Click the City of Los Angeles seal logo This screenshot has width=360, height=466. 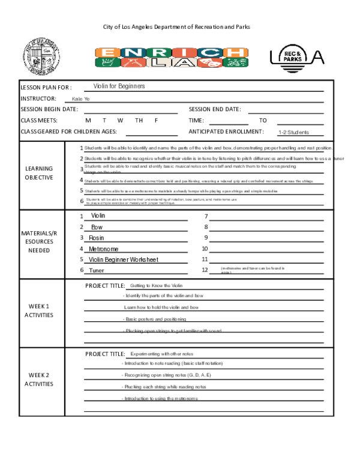pyautogui.click(x=38, y=57)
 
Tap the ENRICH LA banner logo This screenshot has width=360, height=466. pyautogui.click(x=170, y=57)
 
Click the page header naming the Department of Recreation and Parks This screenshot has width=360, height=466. pyautogui.click(x=176, y=27)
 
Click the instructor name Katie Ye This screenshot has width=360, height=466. pyautogui.click(x=80, y=99)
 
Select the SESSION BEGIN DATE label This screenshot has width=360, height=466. pyautogui.click(x=49, y=109)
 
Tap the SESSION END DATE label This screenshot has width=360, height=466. pyautogui.click(x=215, y=109)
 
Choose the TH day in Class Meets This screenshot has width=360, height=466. pyautogui.click(x=139, y=120)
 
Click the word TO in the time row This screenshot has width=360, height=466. pyautogui.click(x=263, y=120)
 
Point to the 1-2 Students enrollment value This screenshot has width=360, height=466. pyautogui.click(x=294, y=132)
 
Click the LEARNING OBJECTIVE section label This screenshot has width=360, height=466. pyautogui.click(x=39, y=173)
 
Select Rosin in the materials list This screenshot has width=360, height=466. pyautogui.click(x=97, y=238)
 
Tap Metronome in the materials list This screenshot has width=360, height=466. pyautogui.click(x=103, y=249)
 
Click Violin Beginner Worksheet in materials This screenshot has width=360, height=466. pyautogui.click(x=124, y=259)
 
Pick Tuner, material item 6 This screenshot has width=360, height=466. pyautogui.click(x=97, y=270)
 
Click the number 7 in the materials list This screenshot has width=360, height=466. pyautogui.click(x=206, y=216)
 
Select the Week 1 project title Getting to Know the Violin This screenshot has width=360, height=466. pyautogui.click(x=156, y=285)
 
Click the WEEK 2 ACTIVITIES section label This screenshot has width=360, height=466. pyautogui.click(x=39, y=380)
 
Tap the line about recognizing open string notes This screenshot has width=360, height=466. pyautogui.click(x=168, y=375)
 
